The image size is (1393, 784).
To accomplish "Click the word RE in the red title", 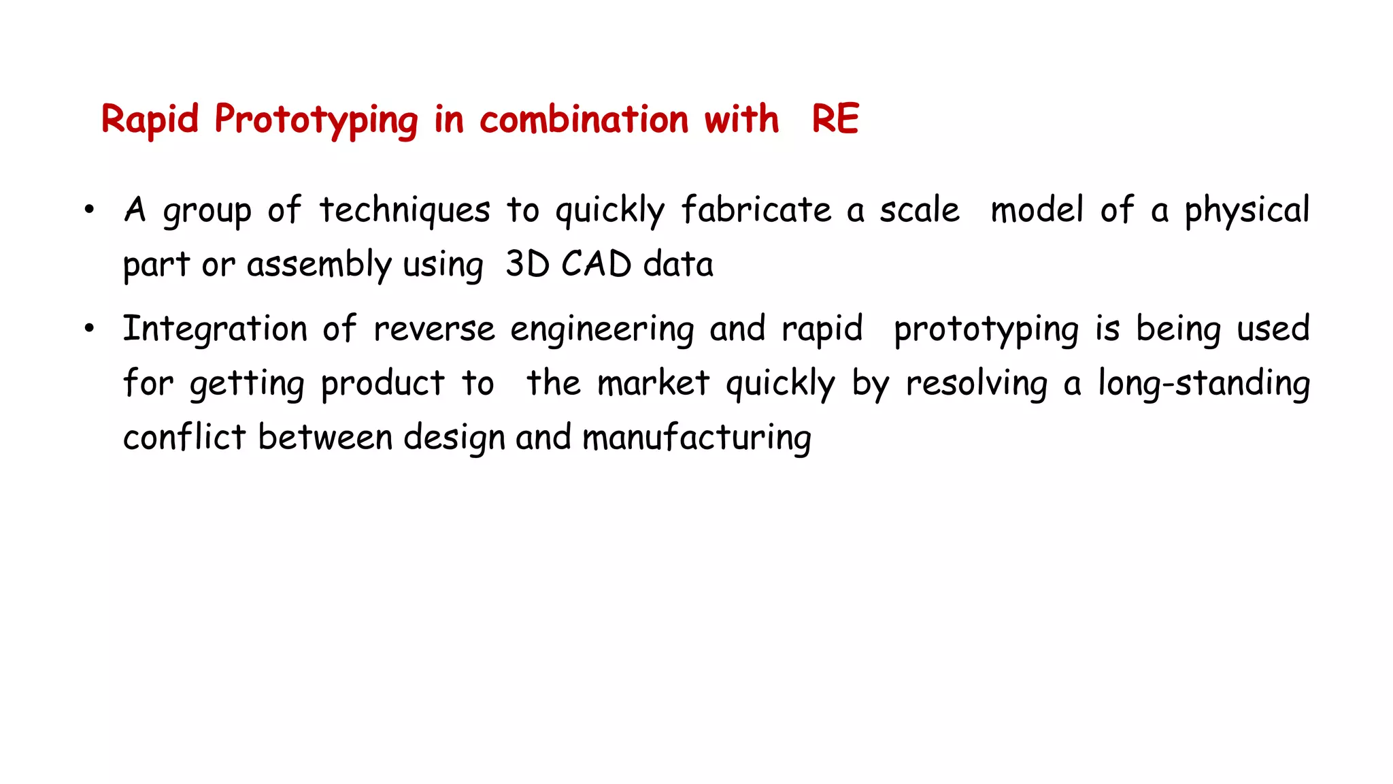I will [835, 119].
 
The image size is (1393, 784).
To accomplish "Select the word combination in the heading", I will [584, 119].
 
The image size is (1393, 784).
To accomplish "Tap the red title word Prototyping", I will [316, 120].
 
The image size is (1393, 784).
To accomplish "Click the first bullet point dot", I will [89, 210].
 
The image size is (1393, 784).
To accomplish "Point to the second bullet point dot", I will [89, 329].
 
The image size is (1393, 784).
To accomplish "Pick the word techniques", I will [405, 210].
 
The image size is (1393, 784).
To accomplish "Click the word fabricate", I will [756, 210].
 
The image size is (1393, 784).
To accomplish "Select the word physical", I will [1247, 210].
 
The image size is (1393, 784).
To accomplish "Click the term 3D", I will [527, 264].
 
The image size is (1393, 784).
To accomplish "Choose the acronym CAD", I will [596, 264].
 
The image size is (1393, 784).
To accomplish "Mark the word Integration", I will [215, 329].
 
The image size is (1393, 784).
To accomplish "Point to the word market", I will [653, 383].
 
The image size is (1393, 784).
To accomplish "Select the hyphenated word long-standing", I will [1204, 383].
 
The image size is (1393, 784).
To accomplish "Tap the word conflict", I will [184, 437].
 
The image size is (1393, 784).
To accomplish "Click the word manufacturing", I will [696, 438].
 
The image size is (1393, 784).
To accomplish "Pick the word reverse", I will [434, 329].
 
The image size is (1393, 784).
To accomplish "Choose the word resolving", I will [976, 383].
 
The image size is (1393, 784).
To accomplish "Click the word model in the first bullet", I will [1037, 210].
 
